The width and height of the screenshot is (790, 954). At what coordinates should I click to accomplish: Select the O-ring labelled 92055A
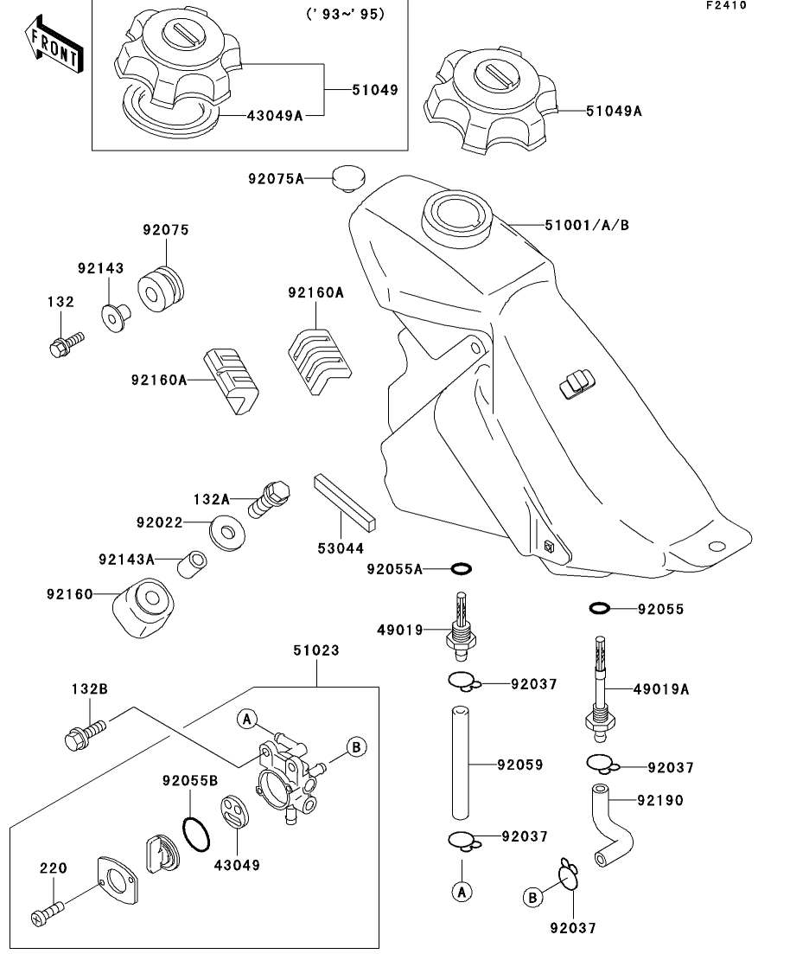pos(462,568)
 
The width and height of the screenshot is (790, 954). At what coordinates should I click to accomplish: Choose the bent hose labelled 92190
pos(613,823)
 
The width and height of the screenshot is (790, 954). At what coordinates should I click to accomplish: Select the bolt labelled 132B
pos(85,735)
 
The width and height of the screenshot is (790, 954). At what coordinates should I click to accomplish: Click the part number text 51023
pos(316,650)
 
